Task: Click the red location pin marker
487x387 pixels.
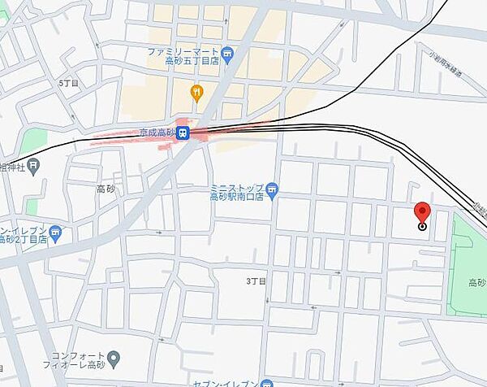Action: pos(422,212)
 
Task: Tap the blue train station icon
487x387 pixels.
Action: pos(184,133)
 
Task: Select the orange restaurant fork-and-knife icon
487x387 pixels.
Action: pos(195,92)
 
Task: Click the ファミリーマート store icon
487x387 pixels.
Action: pos(228,54)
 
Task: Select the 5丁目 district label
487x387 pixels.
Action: pos(69,84)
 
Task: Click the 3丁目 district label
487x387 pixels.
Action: pos(256,280)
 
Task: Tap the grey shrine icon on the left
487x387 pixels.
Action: pos(33,168)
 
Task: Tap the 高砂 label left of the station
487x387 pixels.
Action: pos(106,189)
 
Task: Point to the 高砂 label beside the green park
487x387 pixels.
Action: pos(476,283)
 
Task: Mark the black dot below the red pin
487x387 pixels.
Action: pos(422,227)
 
